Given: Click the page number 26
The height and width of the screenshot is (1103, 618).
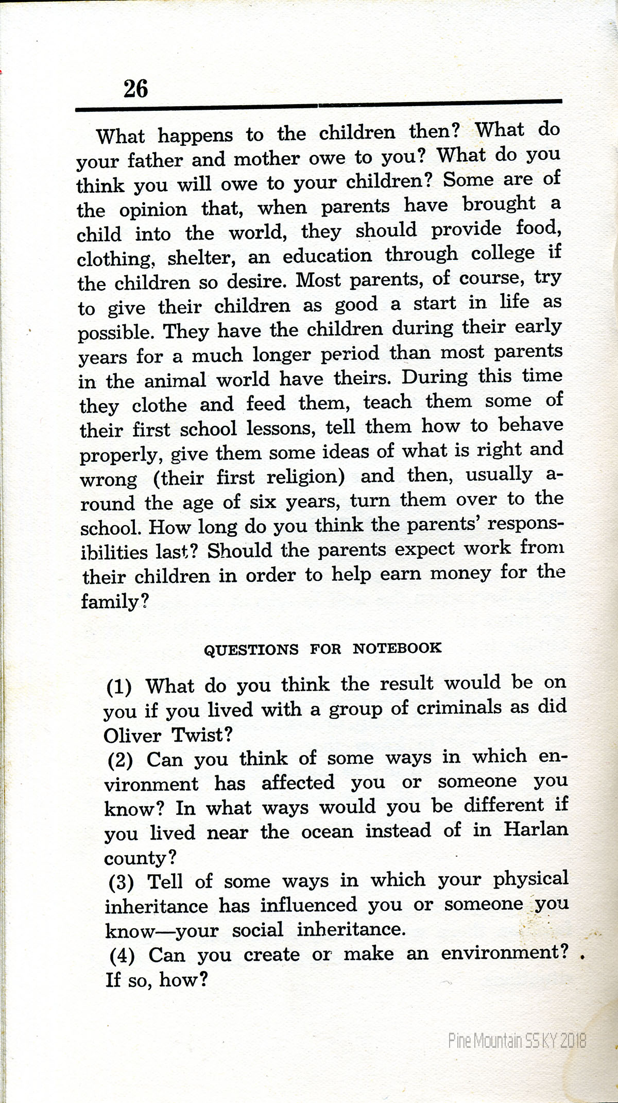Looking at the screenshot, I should pyautogui.click(x=135, y=89).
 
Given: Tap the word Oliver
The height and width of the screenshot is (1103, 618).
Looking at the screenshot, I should pyautogui.click(x=132, y=735).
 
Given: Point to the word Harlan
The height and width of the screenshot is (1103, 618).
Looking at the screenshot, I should pyautogui.click(x=536, y=829).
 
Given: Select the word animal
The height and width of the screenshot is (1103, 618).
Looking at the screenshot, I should pyautogui.click(x=175, y=381).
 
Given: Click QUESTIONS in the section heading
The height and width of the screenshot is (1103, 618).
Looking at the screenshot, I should pyautogui.click(x=251, y=649).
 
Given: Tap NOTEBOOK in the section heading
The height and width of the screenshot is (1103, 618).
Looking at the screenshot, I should pyautogui.click(x=397, y=648).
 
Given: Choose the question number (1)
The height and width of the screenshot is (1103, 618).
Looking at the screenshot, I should pyautogui.click(x=119, y=687).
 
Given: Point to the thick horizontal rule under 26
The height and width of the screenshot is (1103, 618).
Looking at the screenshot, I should pyautogui.click(x=318, y=106).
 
